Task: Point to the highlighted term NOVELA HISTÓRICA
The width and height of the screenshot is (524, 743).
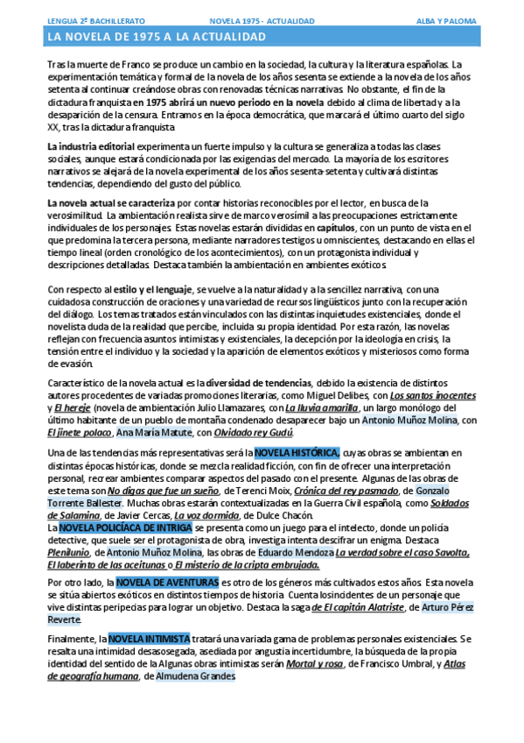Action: [x=297, y=452]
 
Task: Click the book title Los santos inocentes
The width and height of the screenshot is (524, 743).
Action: [x=433, y=395]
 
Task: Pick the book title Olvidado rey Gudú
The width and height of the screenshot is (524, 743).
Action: [x=256, y=432]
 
